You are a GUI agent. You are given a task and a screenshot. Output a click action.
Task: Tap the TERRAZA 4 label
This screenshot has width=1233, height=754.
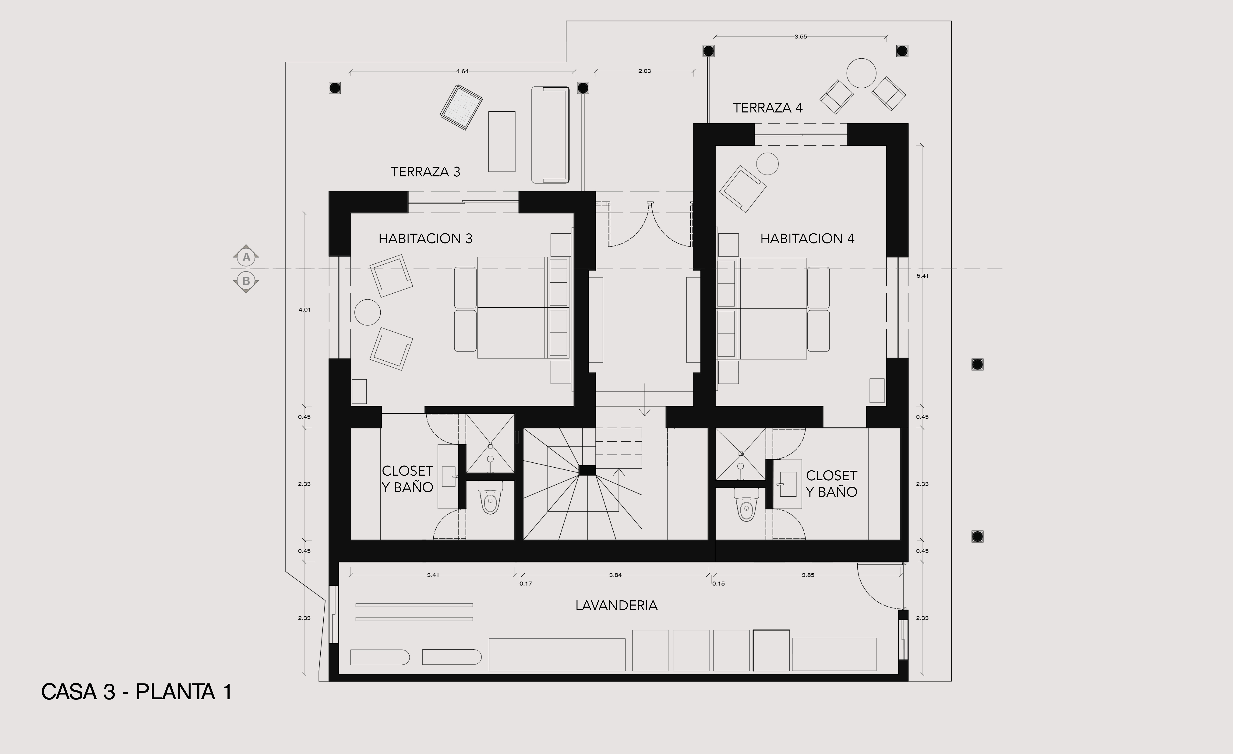tap(768, 108)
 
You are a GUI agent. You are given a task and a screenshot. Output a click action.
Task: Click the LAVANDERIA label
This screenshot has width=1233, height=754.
tap(616, 605)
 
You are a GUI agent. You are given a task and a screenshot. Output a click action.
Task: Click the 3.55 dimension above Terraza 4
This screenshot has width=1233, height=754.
tap(800, 37)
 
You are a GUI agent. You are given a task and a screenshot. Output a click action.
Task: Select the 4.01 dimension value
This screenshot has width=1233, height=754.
tap(304, 309)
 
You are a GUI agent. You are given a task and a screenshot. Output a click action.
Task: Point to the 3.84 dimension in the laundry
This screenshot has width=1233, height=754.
tap(615, 575)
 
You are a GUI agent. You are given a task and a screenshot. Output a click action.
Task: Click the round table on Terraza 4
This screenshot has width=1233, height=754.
tap(861, 73)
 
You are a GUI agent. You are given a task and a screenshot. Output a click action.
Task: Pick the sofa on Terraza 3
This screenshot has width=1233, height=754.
tap(550, 135)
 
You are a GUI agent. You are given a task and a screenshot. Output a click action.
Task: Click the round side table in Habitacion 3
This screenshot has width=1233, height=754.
tap(367, 312)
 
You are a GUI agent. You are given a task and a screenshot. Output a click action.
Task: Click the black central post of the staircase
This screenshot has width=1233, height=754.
tap(587, 470)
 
